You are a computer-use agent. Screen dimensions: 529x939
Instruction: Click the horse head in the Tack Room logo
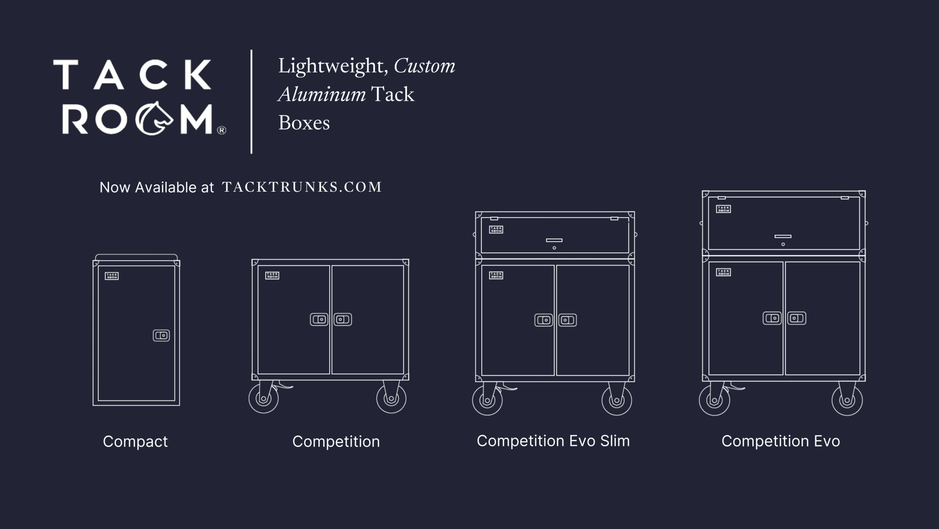click(154, 118)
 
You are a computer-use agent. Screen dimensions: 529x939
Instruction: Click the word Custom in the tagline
click(424, 66)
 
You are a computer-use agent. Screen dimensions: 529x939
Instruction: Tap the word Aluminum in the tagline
click(322, 94)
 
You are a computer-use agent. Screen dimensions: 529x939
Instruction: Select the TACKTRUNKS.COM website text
click(302, 187)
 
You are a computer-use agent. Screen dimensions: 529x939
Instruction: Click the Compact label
click(135, 441)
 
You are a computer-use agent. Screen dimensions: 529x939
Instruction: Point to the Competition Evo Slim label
click(553, 441)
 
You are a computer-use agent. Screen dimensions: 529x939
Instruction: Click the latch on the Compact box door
click(161, 335)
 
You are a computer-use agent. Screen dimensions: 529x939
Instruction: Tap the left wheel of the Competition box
click(264, 398)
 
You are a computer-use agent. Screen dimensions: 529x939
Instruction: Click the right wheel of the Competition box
click(391, 398)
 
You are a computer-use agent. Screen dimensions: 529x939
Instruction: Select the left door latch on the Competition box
click(319, 320)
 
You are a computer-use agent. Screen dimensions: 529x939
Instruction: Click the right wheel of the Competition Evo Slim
click(617, 400)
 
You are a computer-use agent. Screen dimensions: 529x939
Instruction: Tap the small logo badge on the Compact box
click(112, 276)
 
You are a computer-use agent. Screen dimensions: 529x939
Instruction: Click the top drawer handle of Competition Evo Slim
click(554, 240)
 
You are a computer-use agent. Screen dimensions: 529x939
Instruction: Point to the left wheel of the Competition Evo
click(714, 400)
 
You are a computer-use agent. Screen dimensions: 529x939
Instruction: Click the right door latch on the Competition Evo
click(797, 318)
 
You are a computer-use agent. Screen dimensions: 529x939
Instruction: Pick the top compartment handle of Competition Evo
click(783, 237)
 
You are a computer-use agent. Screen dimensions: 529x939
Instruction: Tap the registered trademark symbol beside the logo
click(222, 130)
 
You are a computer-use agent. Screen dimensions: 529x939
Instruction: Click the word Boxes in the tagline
click(304, 123)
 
